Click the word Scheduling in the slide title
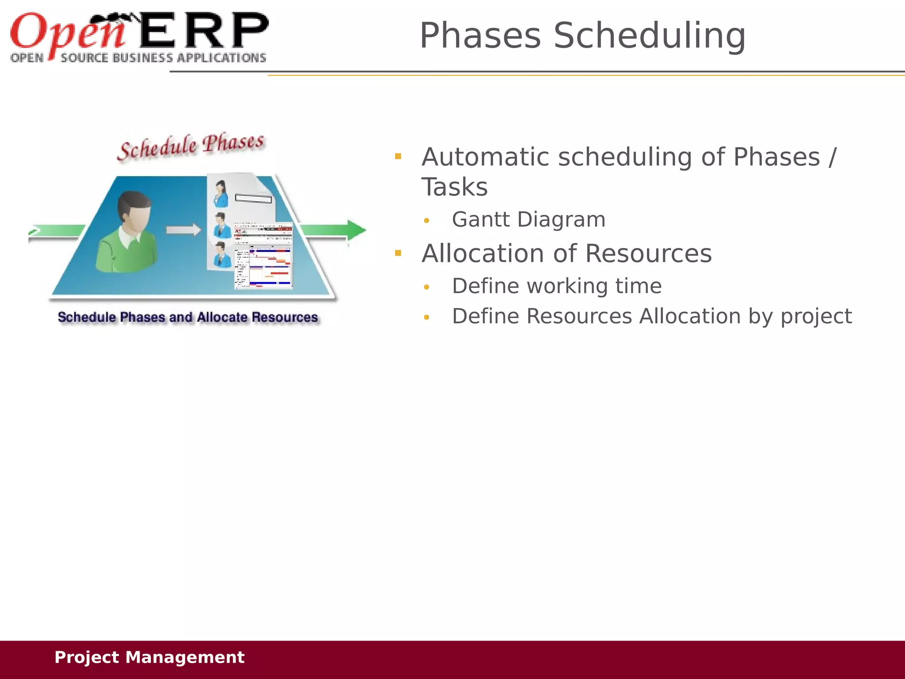tap(649, 36)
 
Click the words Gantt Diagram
tap(529, 220)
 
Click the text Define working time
tap(557, 286)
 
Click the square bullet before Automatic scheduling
tap(398, 156)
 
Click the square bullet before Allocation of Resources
tap(398, 253)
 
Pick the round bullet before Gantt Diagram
tap(426, 221)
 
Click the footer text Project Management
tap(149, 657)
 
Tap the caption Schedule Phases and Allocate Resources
tap(188, 317)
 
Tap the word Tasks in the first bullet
tap(454, 187)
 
